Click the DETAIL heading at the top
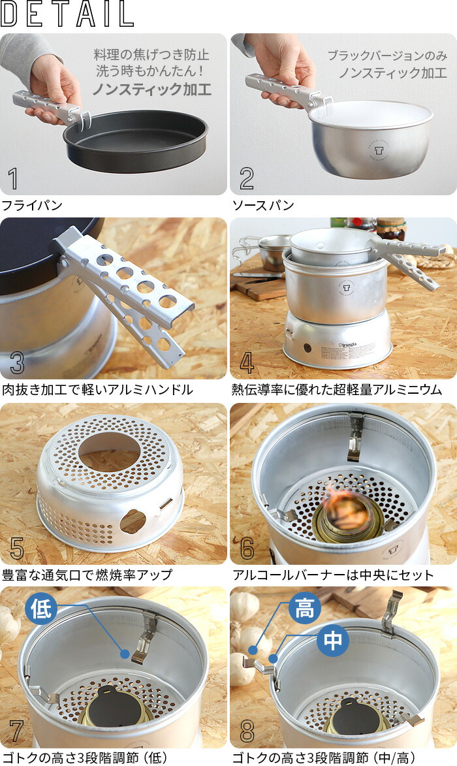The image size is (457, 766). (68, 14)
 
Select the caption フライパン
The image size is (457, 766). (32, 206)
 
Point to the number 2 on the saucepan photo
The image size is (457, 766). (246, 179)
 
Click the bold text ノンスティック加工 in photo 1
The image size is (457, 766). (151, 89)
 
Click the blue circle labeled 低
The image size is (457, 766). (40, 609)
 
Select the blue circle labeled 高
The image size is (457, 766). (304, 610)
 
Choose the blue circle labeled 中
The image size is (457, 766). (333, 641)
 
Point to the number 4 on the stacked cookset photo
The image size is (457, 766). (246, 363)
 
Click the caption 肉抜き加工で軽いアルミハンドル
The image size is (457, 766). (97, 390)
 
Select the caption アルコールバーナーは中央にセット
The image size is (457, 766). (333, 575)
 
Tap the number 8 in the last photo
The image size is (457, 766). (246, 732)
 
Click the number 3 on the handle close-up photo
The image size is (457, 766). (16, 363)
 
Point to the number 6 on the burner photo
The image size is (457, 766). (246, 548)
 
